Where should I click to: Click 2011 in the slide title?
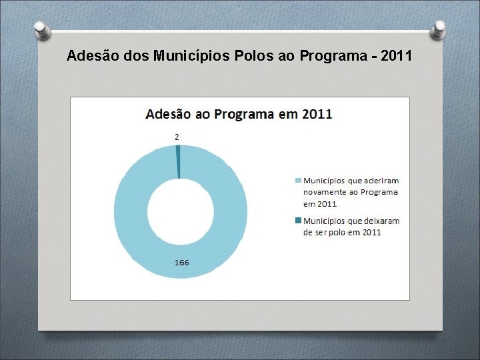click(x=393, y=55)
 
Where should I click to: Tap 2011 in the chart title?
click(x=317, y=113)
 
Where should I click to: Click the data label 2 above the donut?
click(x=177, y=137)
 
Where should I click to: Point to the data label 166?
click(x=181, y=262)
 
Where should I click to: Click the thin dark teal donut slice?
click(x=178, y=162)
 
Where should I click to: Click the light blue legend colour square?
click(x=298, y=180)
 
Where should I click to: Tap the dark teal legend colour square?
click(x=298, y=221)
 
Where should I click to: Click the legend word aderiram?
click(x=382, y=180)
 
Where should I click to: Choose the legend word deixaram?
click(x=383, y=221)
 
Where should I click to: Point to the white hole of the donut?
click(x=180, y=212)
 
